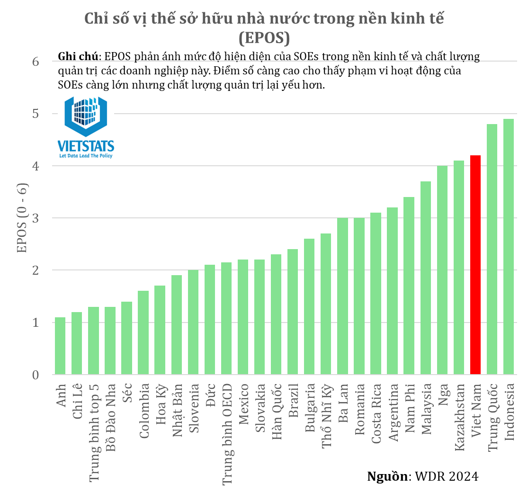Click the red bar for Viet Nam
[x=475, y=265]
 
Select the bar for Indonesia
[x=509, y=246]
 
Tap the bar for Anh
[x=60, y=346]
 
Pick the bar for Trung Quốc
[x=492, y=249]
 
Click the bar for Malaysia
[x=426, y=278]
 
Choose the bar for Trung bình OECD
[x=226, y=318]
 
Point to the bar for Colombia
[x=143, y=333]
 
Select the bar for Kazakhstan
[x=459, y=268]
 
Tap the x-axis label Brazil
[x=293, y=400]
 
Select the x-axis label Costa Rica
[x=376, y=414]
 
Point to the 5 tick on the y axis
[x=36, y=114]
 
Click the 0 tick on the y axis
[x=36, y=375]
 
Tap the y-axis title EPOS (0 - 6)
[x=22, y=218]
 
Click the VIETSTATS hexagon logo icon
[x=86, y=116]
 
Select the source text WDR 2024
[x=447, y=476]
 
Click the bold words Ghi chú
[x=78, y=56]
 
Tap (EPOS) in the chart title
[x=264, y=38]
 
